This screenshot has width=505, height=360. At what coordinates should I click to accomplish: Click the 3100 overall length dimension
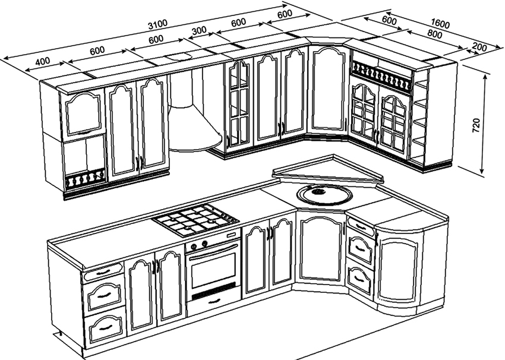tap(158, 23)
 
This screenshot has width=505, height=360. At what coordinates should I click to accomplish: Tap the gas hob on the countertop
tap(195, 220)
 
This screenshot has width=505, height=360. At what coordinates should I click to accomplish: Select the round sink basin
tap(324, 194)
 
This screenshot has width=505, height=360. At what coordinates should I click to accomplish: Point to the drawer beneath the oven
tap(213, 304)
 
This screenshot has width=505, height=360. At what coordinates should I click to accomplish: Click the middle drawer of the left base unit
tap(104, 296)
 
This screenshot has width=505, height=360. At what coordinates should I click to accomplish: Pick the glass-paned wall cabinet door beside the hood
tap(239, 106)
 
